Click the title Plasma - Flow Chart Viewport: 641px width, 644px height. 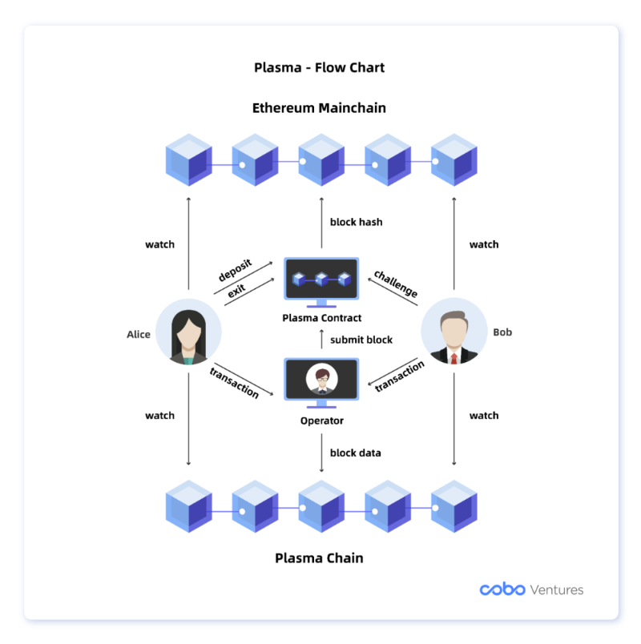click(319, 67)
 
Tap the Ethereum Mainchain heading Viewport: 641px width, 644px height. click(319, 107)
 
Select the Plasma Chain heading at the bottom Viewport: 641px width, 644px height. click(320, 558)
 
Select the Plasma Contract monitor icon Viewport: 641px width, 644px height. click(321, 281)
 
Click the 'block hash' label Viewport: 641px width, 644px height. click(356, 222)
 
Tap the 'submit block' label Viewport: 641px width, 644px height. click(361, 340)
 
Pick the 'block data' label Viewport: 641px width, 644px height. click(355, 453)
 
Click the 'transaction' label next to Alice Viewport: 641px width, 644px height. click(234, 382)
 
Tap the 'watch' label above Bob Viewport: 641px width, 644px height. click(483, 244)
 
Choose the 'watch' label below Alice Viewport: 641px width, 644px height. click(159, 416)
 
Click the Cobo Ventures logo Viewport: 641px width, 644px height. click(531, 590)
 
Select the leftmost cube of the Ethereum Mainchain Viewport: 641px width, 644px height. click(188, 160)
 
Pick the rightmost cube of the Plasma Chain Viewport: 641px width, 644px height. click(454, 506)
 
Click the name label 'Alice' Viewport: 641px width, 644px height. click(138, 334)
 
